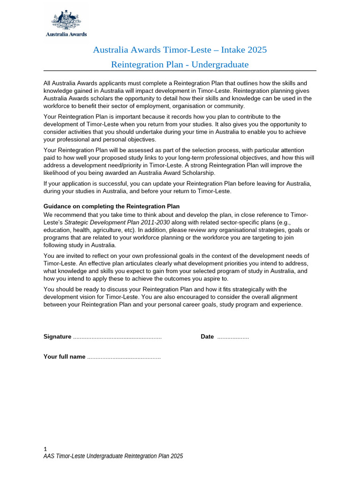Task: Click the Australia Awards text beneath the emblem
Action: (66, 34)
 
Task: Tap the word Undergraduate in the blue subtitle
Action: (218, 64)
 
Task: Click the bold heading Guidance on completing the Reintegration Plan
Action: (112, 207)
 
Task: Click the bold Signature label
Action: (57, 337)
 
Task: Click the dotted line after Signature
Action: (117, 337)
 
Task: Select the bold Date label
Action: (207, 337)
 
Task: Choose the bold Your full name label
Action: (64, 357)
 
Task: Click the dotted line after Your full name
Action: (124, 357)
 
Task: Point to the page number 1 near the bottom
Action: (45, 449)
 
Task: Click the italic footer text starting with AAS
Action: (113, 456)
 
